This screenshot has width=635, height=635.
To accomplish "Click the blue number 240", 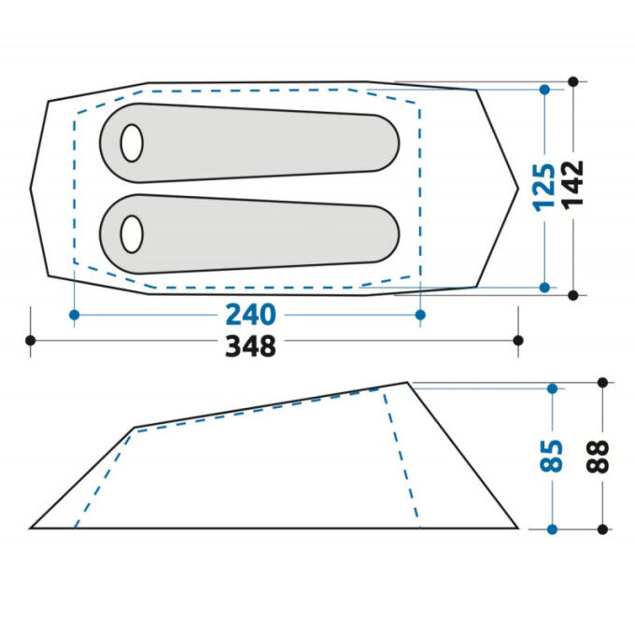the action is (250, 315).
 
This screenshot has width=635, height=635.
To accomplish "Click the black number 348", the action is (250, 346).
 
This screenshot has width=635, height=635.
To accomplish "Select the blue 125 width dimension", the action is (543, 188).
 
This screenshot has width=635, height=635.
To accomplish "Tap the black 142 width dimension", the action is (573, 185).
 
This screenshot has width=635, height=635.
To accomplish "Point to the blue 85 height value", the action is (552, 456).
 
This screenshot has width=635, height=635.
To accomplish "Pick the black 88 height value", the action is (598, 457).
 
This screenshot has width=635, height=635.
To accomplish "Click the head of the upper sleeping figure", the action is (132, 143).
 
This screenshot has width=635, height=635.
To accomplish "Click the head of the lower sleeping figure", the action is (132, 234).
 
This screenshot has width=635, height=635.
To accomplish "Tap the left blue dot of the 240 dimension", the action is (74, 315).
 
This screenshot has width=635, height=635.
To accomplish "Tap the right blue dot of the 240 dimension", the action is (420, 315).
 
